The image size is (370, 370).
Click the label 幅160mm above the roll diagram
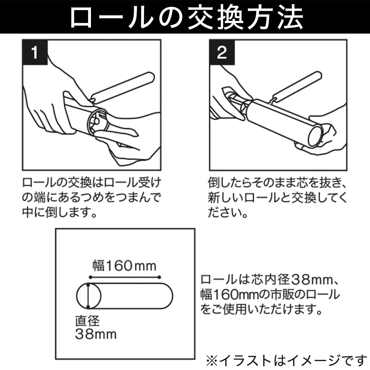tap(124, 265)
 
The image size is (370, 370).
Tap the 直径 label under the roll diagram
tap(88, 321)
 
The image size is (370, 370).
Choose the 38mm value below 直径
tap(96, 334)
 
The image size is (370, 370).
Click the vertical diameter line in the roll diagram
tap(88, 296)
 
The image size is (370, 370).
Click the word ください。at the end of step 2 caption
tap(228, 212)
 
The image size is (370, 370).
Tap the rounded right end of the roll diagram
tap(168, 296)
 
